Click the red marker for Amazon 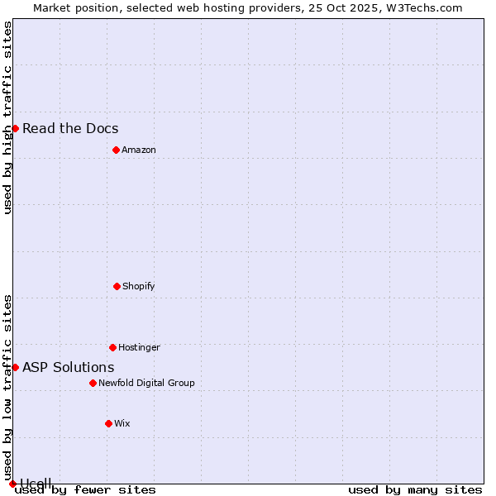pyautogui.click(x=116, y=150)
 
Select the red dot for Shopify pyautogui.click(x=117, y=286)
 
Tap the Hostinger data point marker pyautogui.click(x=112, y=347)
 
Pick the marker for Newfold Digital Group pyautogui.click(x=93, y=383)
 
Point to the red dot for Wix pyautogui.click(x=108, y=423)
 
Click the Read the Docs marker pyautogui.click(x=15, y=128)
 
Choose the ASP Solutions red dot pyautogui.click(x=15, y=367)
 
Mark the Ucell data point pyautogui.click(x=12, y=484)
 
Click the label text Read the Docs pyautogui.click(x=70, y=128)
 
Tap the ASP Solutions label pyautogui.click(x=69, y=367)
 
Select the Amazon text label pyautogui.click(x=139, y=150)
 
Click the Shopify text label pyautogui.click(x=139, y=286)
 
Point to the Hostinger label pyautogui.click(x=139, y=347)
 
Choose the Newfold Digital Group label pyautogui.click(x=146, y=383)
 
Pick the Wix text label pyautogui.click(x=122, y=423)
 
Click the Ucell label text pyautogui.click(x=36, y=483)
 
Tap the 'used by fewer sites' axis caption pyautogui.click(x=85, y=490)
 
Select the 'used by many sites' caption pyautogui.click(x=415, y=490)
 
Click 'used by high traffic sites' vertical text pyautogui.click(x=7, y=117)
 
